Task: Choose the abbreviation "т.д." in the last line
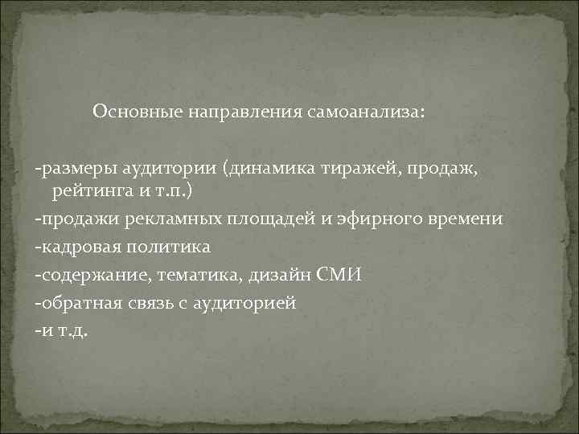(x=68, y=330)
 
